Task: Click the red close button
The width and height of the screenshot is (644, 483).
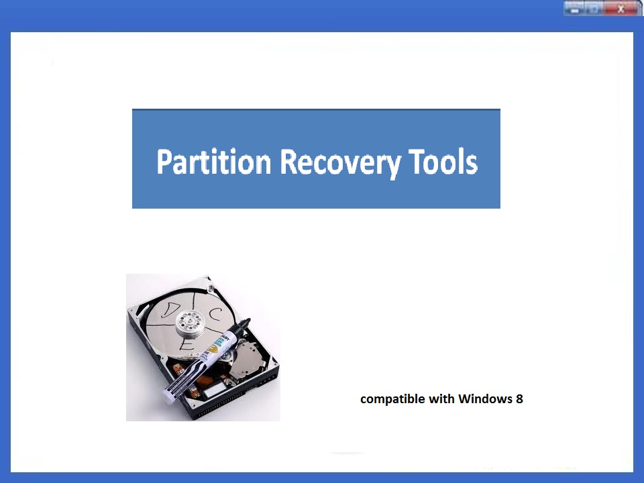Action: pyautogui.click(x=622, y=8)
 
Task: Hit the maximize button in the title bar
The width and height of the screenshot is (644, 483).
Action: pyautogui.click(x=594, y=8)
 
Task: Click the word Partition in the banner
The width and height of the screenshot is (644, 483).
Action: pyautogui.click(x=213, y=162)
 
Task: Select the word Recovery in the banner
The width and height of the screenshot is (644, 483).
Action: pyautogui.click(x=340, y=164)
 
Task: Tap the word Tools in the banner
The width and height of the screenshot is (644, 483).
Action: pyautogui.click(x=443, y=162)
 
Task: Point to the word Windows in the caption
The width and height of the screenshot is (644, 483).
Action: pyautogui.click(x=485, y=398)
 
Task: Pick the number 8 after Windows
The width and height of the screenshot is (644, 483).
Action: pyautogui.click(x=519, y=398)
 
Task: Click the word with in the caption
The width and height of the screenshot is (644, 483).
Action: pyautogui.click(x=441, y=398)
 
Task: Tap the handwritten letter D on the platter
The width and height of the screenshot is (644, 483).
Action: pyautogui.click(x=170, y=310)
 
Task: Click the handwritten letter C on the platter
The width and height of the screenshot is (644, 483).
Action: pyautogui.click(x=215, y=314)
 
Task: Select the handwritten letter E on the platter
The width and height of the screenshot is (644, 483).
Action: pyautogui.click(x=186, y=345)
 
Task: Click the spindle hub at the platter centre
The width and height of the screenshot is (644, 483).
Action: pyautogui.click(x=189, y=321)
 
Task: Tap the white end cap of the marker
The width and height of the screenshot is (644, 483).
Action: pyautogui.click(x=168, y=394)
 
